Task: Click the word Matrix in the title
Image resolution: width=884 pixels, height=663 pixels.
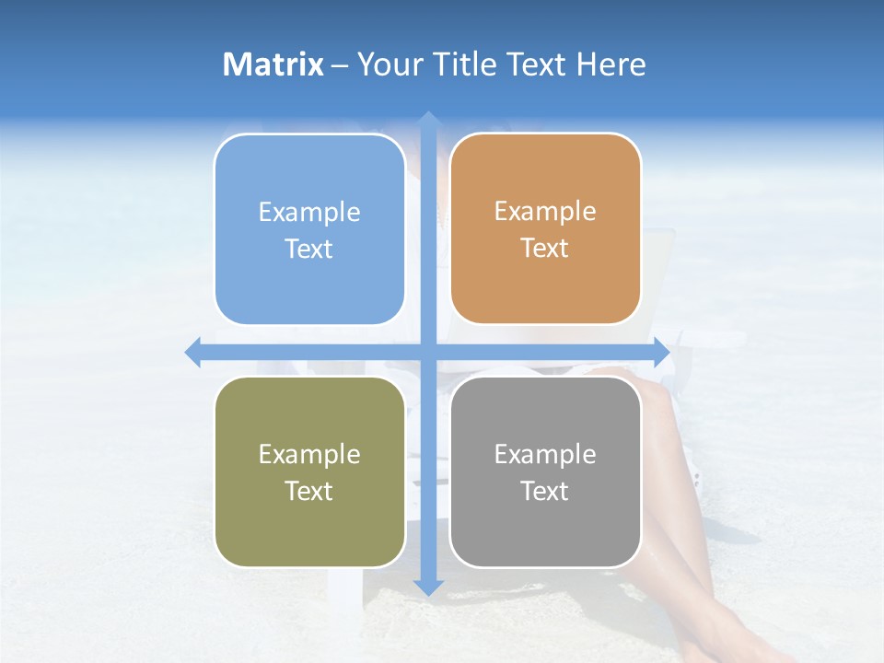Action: tap(273, 64)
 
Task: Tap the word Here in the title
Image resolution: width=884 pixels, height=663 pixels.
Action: tap(611, 64)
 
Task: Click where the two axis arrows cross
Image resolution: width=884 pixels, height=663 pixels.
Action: tap(428, 352)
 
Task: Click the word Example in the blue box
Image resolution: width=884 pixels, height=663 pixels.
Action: tap(309, 213)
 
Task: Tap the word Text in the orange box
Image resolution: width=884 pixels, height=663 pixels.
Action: tap(545, 249)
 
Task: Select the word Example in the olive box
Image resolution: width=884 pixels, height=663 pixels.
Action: tap(309, 455)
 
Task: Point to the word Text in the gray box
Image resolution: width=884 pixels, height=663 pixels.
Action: tap(545, 492)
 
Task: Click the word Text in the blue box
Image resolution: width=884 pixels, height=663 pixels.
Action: tap(309, 250)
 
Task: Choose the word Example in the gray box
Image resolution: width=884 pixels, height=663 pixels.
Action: tap(545, 454)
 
